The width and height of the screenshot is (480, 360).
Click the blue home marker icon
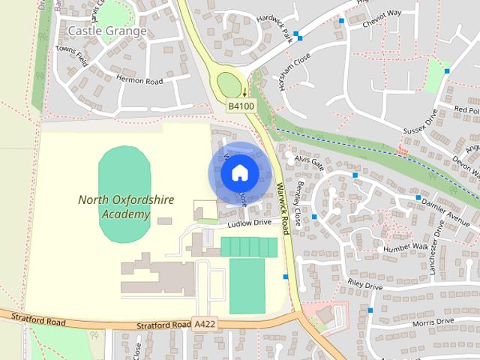tap(239, 173)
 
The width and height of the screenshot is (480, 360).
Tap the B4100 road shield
tap(241, 106)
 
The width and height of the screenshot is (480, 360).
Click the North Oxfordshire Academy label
tap(114, 207)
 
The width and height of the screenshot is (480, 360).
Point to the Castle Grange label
tap(106, 31)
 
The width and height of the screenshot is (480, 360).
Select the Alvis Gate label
tap(308, 160)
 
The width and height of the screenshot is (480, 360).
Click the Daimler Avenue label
tap(447, 207)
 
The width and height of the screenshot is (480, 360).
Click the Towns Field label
tap(72, 56)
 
